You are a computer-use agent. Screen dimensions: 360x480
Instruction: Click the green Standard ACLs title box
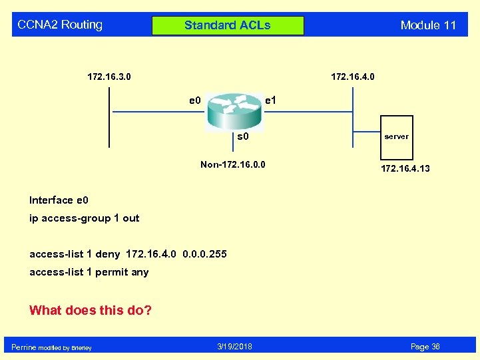(x=228, y=26)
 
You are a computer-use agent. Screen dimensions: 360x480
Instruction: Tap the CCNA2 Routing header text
(x=60, y=25)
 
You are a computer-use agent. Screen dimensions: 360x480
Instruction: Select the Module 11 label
(x=428, y=25)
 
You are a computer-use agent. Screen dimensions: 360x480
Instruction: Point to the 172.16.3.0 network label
(x=109, y=77)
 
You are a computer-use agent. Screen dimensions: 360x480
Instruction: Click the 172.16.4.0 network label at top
(x=353, y=77)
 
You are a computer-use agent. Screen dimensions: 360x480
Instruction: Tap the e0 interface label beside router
(x=194, y=100)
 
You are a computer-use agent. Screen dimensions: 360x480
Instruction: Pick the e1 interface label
(x=271, y=100)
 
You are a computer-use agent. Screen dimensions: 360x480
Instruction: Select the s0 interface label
(x=243, y=137)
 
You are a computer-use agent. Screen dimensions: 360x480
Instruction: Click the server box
(x=397, y=136)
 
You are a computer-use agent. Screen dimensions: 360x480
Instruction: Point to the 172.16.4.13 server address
(x=405, y=168)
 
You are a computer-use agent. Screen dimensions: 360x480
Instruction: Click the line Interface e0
(x=59, y=200)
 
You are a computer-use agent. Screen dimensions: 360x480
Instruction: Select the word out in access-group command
(x=131, y=218)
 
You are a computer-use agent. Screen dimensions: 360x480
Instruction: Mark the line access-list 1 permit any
(x=89, y=271)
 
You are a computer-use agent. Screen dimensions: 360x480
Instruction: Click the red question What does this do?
(x=91, y=310)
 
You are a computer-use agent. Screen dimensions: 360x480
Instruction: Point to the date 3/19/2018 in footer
(x=234, y=347)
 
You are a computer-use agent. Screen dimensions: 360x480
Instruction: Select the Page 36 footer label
(x=425, y=347)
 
